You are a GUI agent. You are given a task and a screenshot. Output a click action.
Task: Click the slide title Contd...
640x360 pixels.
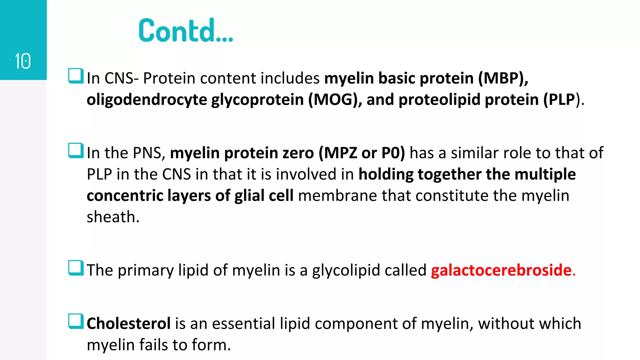coord(186,30)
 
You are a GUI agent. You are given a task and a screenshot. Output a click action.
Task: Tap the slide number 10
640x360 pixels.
coord(23,61)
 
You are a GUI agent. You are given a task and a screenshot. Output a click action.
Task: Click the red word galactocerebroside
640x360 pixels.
coord(501,270)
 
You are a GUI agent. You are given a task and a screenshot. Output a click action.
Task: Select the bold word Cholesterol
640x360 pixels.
coord(128,323)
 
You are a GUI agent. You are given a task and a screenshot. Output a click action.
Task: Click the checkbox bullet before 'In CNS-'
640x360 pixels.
coord(76,76)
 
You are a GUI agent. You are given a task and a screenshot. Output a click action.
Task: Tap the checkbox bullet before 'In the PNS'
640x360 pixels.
coord(76,151)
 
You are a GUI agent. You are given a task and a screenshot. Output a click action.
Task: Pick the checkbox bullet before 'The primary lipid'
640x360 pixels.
coord(76,268)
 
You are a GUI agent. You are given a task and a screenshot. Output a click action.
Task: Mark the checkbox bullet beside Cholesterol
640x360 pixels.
coord(76,322)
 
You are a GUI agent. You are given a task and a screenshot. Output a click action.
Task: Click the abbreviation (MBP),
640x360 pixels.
coord(503,78)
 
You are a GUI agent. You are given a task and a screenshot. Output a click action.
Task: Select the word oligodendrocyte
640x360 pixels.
coord(147,100)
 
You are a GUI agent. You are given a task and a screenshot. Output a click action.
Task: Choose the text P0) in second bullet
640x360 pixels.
coord(393,153)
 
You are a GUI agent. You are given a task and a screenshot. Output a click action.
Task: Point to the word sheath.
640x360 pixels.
coord(112,217)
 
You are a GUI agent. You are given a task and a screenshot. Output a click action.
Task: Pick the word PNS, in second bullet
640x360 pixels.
coord(149,153)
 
